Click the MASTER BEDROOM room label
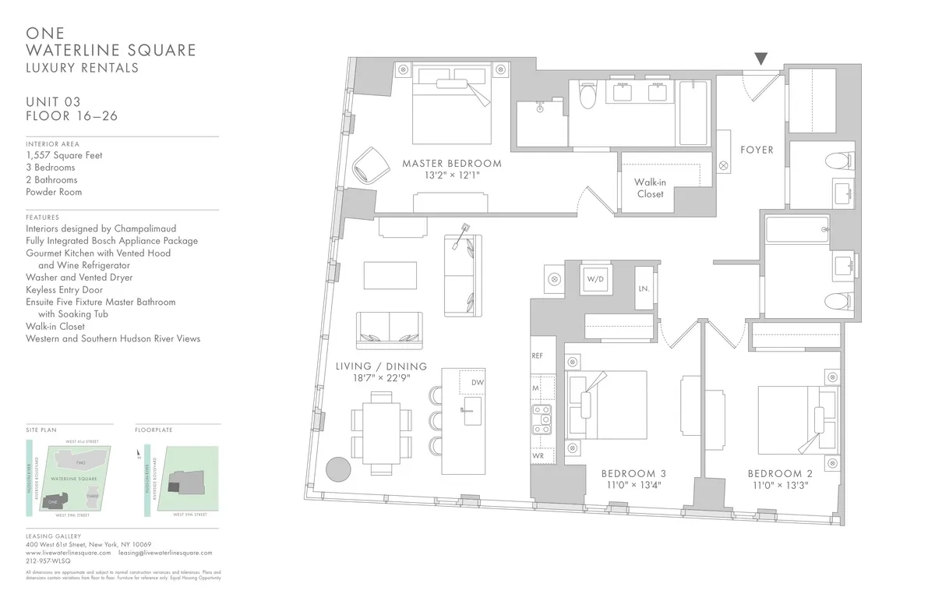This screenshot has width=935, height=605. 451,164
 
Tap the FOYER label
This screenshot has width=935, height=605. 757,150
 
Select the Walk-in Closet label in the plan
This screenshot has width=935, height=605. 650,188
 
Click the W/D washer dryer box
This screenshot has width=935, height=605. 596,278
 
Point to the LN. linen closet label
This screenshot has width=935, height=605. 644,288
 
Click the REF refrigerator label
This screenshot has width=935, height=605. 537,356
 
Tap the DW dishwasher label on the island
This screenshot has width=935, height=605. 477,384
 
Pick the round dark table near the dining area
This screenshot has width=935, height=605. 338,469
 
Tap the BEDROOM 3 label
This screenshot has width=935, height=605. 633,473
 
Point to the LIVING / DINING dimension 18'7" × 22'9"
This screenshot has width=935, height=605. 381,378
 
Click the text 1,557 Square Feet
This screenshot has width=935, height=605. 64,155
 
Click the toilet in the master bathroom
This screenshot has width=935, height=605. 588,96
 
